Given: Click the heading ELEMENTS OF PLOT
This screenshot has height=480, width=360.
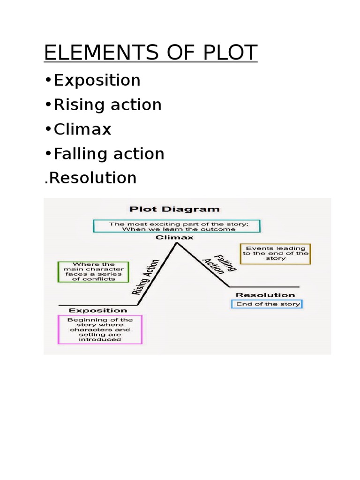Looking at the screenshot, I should tap(150, 53).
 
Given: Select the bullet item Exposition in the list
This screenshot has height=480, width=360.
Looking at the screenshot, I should tap(97, 81).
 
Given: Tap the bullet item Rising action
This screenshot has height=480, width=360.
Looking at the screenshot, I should tap(107, 105).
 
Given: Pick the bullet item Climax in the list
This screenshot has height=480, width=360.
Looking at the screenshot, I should tap(82, 129).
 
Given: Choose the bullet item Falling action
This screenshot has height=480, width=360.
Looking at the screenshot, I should tap(109, 154).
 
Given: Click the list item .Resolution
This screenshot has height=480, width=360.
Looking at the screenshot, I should tap(90, 178).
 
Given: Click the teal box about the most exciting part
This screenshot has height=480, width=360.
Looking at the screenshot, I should tap(176, 226).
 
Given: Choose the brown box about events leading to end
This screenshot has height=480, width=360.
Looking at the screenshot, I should tap(275, 254).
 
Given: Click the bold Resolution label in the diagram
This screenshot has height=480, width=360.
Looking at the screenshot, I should tap(265, 295).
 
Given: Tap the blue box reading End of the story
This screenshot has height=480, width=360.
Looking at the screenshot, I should tap(268, 304).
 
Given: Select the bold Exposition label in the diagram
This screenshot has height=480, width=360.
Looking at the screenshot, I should tap(98, 310).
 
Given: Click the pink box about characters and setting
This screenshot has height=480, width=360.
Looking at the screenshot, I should tap(100, 329).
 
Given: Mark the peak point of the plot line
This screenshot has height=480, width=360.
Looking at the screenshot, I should tap(177, 243).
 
